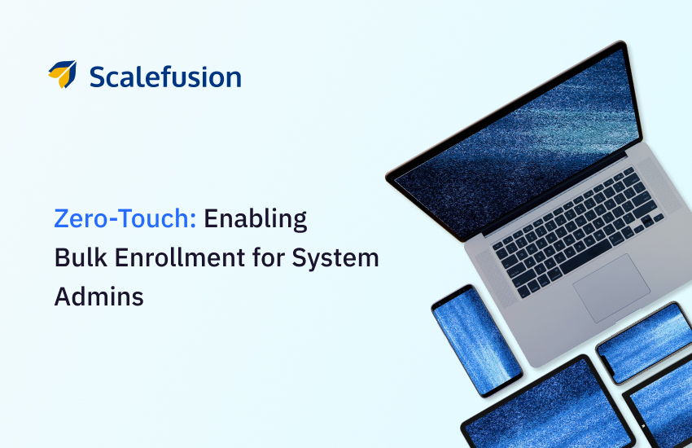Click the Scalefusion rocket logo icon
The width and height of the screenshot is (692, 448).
tap(63, 74)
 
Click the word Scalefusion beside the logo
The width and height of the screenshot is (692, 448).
tap(165, 77)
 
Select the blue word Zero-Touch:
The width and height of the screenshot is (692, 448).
tap(125, 218)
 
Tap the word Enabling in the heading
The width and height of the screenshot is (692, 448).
tap(255, 219)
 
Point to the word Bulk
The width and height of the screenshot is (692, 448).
tap(81, 257)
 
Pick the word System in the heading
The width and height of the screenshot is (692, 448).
tap(335, 258)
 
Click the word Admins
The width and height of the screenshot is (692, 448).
tap(99, 296)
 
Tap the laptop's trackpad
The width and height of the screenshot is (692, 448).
tap(611, 288)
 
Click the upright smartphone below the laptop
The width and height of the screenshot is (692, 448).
tap(477, 340)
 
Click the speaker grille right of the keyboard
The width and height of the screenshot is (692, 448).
tap(659, 186)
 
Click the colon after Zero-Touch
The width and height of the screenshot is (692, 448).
tap(193, 220)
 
